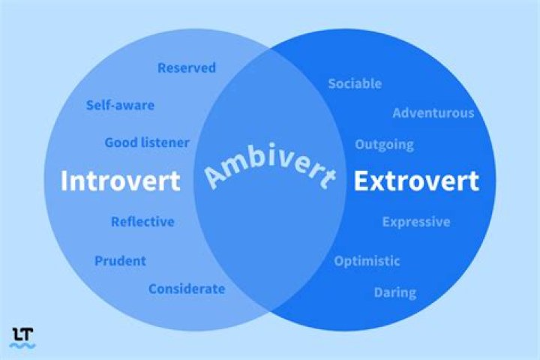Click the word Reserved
click(x=187, y=68)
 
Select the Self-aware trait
click(x=120, y=105)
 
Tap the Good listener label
click(x=147, y=142)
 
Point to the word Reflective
click(x=142, y=222)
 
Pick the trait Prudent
click(x=120, y=261)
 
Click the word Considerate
click(x=187, y=289)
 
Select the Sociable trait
click(x=355, y=83)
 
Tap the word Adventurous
click(x=433, y=113)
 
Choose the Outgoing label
click(x=384, y=144)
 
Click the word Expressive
click(x=416, y=222)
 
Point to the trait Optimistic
click(x=367, y=261)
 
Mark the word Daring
click(x=395, y=292)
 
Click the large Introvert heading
click(x=120, y=181)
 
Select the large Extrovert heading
click(x=416, y=181)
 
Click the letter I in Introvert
click(x=64, y=181)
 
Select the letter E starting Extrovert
click(x=361, y=181)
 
